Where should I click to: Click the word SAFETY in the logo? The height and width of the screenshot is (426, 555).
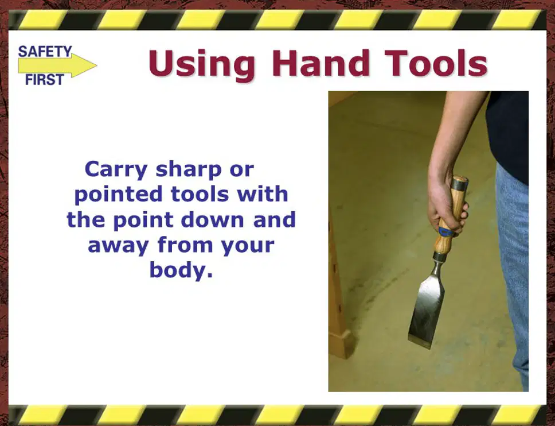pyautogui.click(x=45, y=52)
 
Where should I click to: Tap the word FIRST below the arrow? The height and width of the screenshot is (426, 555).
pyautogui.click(x=45, y=80)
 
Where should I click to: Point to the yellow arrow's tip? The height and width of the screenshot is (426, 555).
pyautogui.click(x=97, y=65)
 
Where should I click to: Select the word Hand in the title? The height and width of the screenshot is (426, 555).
pyautogui.click(x=321, y=63)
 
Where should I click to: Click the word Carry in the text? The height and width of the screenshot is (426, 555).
pyautogui.click(x=116, y=170)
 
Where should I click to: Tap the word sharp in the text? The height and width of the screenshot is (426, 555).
pyautogui.click(x=189, y=170)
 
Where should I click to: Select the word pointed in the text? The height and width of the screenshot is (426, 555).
pyautogui.click(x=119, y=195)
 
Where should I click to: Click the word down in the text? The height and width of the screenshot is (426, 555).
pyautogui.click(x=212, y=220)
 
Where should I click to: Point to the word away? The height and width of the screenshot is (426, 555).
pyautogui.click(x=118, y=245)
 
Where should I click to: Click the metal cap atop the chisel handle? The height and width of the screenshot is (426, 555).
pyautogui.click(x=460, y=181)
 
